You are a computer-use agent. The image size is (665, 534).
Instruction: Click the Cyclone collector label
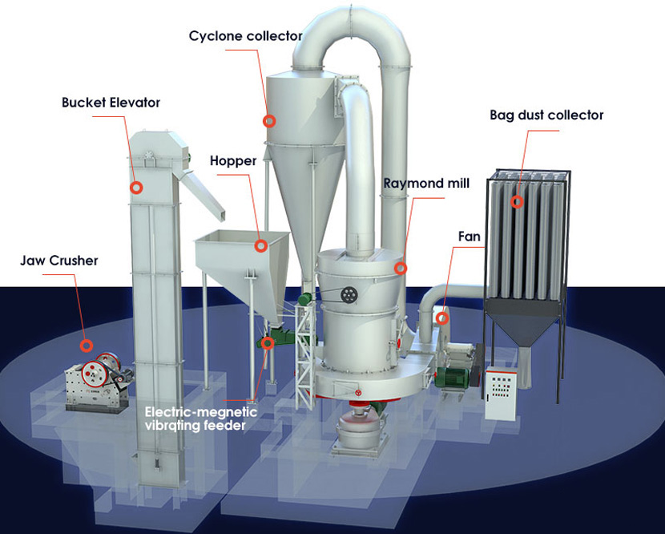pyautogui.click(x=245, y=35)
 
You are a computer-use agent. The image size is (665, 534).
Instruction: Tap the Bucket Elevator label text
pyautogui.click(x=111, y=103)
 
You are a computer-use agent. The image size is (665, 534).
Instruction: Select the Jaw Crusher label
pyautogui.click(x=59, y=261)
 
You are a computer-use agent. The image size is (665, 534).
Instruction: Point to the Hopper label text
pyautogui.click(x=233, y=161)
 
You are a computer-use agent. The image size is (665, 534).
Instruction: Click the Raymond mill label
pyautogui.click(x=426, y=184)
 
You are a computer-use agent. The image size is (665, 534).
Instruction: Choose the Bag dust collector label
pyautogui.click(x=546, y=115)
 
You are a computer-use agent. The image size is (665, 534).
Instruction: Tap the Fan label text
pyautogui.click(x=469, y=237)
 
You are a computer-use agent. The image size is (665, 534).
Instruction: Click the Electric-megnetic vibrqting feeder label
pyautogui.click(x=200, y=419)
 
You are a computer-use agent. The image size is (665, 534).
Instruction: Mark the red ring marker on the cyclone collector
pyautogui.click(x=269, y=121)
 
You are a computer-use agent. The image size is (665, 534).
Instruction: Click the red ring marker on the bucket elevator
pyautogui.click(x=136, y=187)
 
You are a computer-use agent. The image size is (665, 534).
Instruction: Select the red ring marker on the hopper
pyautogui.click(x=261, y=245)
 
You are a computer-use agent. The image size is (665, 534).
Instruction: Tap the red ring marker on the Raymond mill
pyautogui.click(x=401, y=269)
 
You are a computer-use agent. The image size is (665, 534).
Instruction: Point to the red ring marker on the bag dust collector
pyautogui.click(x=517, y=201)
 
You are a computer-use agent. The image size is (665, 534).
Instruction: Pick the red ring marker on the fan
pyautogui.click(x=442, y=318)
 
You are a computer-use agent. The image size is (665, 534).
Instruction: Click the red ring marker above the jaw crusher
pyautogui.click(x=87, y=346)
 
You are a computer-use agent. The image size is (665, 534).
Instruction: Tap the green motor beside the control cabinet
pyautogui.click(x=452, y=377)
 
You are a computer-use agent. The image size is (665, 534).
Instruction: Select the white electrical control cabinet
pyautogui.click(x=502, y=393)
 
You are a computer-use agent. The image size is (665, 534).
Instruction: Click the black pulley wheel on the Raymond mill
pyautogui.click(x=349, y=294)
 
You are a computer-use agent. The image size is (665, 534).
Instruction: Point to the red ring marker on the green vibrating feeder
pyautogui.click(x=267, y=342)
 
